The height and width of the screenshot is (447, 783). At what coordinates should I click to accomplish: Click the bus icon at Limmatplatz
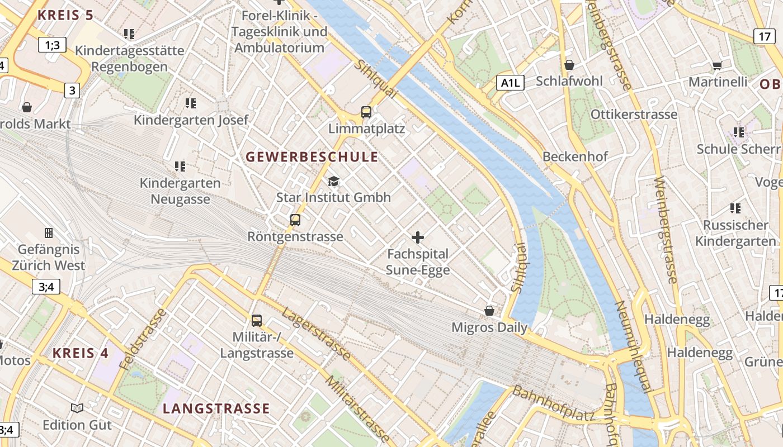coord(366,112)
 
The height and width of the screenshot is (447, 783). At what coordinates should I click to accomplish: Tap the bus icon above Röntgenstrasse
coord(295,220)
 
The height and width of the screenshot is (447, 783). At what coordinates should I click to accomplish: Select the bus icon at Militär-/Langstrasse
coord(257,321)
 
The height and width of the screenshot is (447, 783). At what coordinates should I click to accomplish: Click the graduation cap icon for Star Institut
coord(334,181)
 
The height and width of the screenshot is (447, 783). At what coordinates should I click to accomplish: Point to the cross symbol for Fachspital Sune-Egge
coord(418,237)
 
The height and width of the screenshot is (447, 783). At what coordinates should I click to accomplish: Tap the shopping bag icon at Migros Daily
coord(489,311)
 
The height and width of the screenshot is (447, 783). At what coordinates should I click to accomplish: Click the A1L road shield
coord(510,83)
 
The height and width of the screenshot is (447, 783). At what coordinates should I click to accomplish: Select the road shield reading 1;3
coord(53,45)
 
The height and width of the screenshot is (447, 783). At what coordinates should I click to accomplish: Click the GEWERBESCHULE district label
coord(312,157)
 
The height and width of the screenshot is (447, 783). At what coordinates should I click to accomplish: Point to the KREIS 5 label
coord(65,15)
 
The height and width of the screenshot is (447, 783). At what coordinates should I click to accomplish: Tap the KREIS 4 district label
coord(81,353)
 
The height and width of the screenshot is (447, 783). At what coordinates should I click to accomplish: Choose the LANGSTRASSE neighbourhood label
coord(216,408)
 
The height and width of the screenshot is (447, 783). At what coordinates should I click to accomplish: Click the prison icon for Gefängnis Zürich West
coord(49,232)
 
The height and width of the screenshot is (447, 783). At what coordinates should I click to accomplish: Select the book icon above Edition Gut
coord(77,408)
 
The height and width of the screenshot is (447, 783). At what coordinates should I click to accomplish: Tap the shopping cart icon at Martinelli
coord(717,66)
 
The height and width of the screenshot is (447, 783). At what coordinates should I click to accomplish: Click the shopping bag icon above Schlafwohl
coord(569,65)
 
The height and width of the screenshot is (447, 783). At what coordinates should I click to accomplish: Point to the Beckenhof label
coord(575,156)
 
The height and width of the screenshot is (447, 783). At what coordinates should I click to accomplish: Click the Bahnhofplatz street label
coord(553,403)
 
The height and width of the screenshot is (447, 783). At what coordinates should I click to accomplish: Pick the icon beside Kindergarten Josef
coord(191,103)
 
